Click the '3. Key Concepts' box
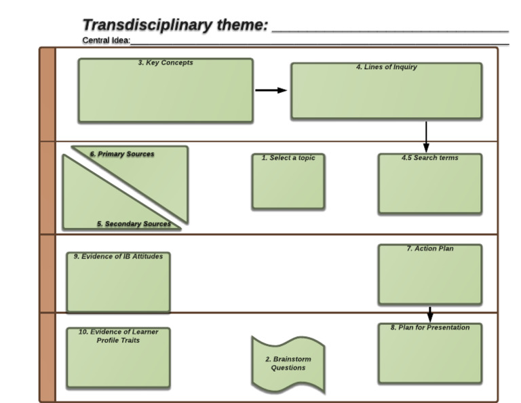click(165, 91)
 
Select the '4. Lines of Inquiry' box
click(386, 92)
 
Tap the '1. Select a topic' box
click(288, 181)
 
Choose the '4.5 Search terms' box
click(430, 184)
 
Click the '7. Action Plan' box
click(430, 274)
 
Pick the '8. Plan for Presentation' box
click(430, 353)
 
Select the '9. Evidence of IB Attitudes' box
click(118, 283)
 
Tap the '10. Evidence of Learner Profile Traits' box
click(118, 358)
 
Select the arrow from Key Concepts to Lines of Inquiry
click(271, 91)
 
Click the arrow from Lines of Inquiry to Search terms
click(426, 137)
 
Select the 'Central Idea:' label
click(105, 41)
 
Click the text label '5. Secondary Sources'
click(134, 224)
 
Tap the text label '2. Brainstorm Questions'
click(288, 364)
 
